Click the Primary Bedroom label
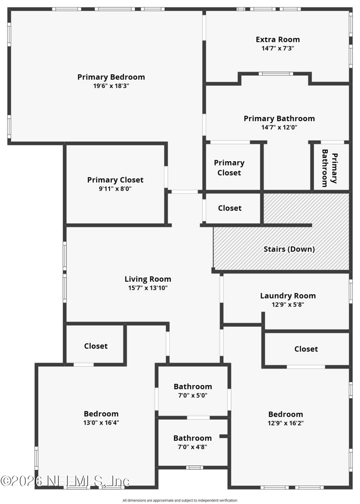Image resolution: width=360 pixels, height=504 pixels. (111, 77)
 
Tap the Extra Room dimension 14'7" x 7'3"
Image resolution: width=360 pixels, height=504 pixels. (278, 49)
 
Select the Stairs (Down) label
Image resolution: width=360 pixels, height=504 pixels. (289, 249)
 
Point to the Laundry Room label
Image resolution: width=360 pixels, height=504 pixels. (288, 296)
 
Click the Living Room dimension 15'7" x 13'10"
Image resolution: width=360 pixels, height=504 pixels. (148, 288)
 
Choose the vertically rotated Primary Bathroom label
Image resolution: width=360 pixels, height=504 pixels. (329, 168)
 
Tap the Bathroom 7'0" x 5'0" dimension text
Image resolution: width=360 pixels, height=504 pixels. (193, 396)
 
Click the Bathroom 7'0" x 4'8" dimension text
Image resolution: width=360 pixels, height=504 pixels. (193, 447)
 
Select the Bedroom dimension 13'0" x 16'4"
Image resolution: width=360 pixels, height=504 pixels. (101, 423)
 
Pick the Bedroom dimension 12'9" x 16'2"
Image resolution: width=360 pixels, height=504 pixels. (286, 423)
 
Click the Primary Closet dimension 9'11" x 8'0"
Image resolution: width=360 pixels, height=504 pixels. (115, 189)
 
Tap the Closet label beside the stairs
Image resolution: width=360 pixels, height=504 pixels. (229, 208)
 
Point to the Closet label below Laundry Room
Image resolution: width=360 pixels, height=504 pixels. (306, 349)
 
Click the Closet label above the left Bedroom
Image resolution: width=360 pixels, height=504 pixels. (96, 346)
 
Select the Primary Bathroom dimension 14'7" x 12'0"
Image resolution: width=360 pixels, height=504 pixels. (279, 127)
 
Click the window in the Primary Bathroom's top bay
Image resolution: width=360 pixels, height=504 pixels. (276, 74)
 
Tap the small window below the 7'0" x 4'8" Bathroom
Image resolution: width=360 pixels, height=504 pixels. (194, 468)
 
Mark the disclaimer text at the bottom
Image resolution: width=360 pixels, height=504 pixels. (180, 500)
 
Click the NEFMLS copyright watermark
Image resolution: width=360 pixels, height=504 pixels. (65, 481)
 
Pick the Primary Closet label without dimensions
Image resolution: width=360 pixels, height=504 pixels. (229, 168)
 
